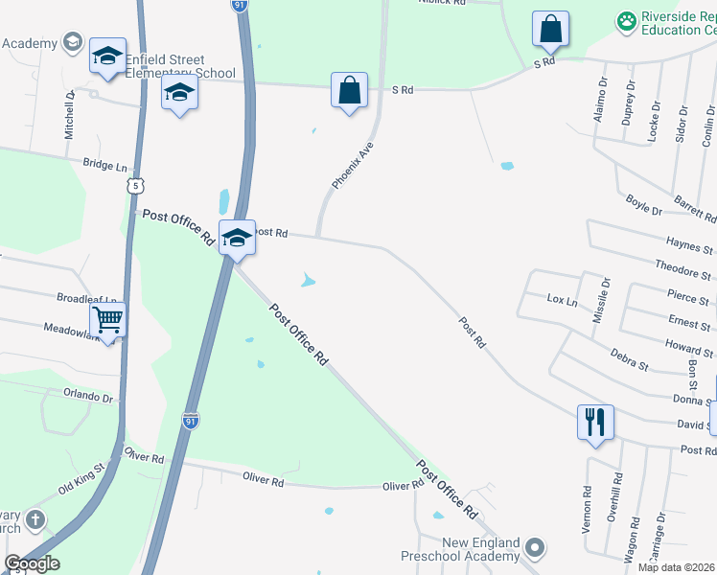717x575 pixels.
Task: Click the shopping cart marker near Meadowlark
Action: click(x=108, y=320)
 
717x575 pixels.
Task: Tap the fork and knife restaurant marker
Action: click(x=595, y=421)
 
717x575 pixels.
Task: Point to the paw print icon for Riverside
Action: click(x=626, y=20)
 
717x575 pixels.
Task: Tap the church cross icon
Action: click(x=35, y=520)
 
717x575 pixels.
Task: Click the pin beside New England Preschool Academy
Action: click(x=535, y=548)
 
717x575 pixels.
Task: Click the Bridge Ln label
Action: click(x=104, y=166)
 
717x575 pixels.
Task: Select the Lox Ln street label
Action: click(x=563, y=301)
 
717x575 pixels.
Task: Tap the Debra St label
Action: click(x=630, y=359)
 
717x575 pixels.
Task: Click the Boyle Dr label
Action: click(x=643, y=204)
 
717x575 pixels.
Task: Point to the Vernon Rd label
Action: click(x=587, y=504)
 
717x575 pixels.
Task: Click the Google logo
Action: click(x=32, y=563)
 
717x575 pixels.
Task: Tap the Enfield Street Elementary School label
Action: click(x=173, y=67)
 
